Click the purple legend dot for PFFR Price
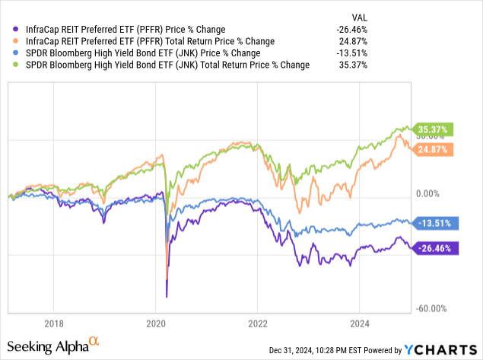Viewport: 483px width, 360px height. (x=17, y=29)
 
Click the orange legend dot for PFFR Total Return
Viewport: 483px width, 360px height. (x=17, y=41)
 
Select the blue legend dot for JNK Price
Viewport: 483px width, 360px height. (x=17, y=53)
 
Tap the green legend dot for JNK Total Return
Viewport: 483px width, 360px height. (x=17, y=65)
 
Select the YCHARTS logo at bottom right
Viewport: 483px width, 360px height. (x=441, y=349)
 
